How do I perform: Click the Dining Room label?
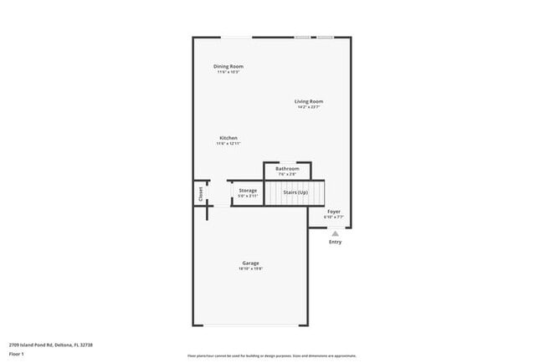pyautogui.click(x=228, y=66)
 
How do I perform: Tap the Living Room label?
pyautogui.click(x=309, y=101)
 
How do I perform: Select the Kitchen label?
pyautogui.click(x=228, y=138)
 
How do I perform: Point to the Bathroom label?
pyautogui.click(x=287, y=169)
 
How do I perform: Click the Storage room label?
pyautogui.click(x=248, y=191)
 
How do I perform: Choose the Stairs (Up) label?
pyautogui.click(x=295, y=192)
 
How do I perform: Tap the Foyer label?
pyautogui.click(x=334, y=212)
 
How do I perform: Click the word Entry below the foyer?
pyautogui.click(x=335, y=242)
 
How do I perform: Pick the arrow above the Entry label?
pyautogui.click(x=335, y=234)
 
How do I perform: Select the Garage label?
pyautogui.click(x=251, y=263)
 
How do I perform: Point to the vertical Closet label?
pyautogui.click(x=201, y=193)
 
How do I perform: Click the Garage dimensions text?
pyautogui.click(x=251, y=269)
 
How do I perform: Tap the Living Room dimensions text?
pyautogui.click(x=309, y=107)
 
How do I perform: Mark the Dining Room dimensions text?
pyautogui.click(x=228, y=72)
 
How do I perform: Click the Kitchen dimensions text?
pyautogui.click(x=228, y=144)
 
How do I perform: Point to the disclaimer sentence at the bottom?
pyautogui.click(x=271, y=355)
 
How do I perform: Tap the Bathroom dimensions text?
pyautogui.click(x=287, y=174)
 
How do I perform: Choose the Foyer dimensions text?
pyautogui.click(x=334, y=217)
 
